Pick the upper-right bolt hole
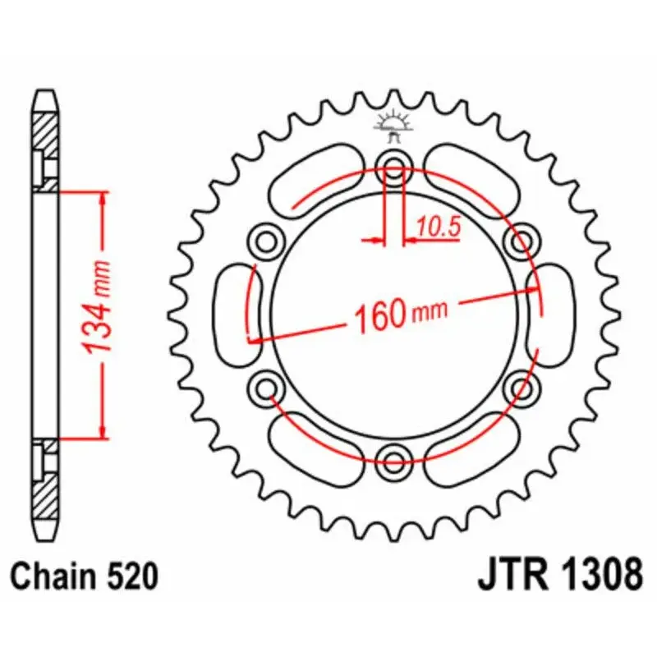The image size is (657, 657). click(x=521, y=241)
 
